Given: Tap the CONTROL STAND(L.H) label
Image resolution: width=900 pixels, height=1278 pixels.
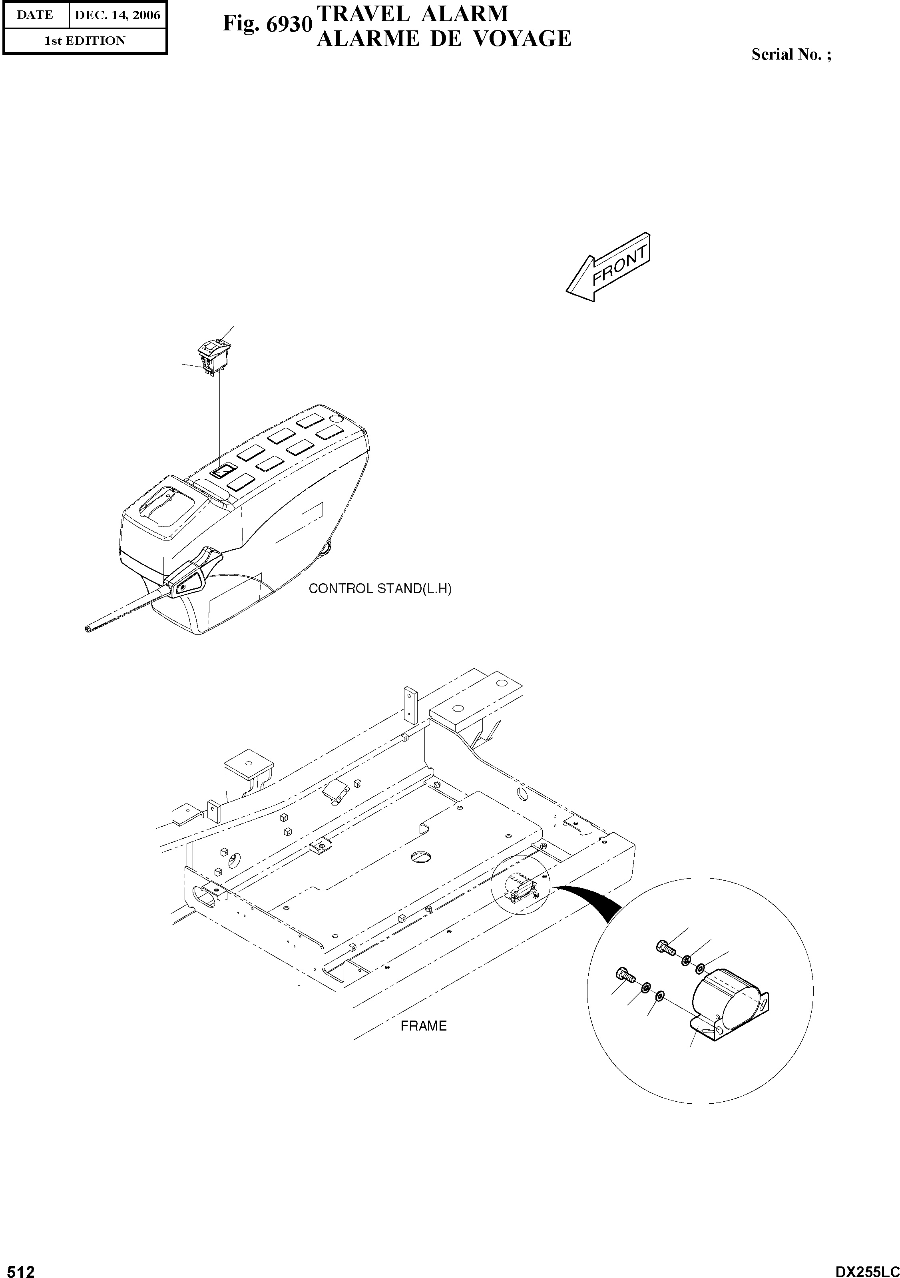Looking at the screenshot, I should [380, 589].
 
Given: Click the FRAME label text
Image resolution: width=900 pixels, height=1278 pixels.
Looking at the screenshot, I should [424, 1025].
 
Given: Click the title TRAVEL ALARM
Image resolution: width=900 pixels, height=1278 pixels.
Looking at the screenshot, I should [412, 13].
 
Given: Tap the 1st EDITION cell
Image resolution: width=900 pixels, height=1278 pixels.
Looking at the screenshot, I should [85, 41].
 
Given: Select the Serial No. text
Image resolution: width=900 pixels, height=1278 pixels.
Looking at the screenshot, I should [791, 54].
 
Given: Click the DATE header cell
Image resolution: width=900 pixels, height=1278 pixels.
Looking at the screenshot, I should [35, 15].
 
